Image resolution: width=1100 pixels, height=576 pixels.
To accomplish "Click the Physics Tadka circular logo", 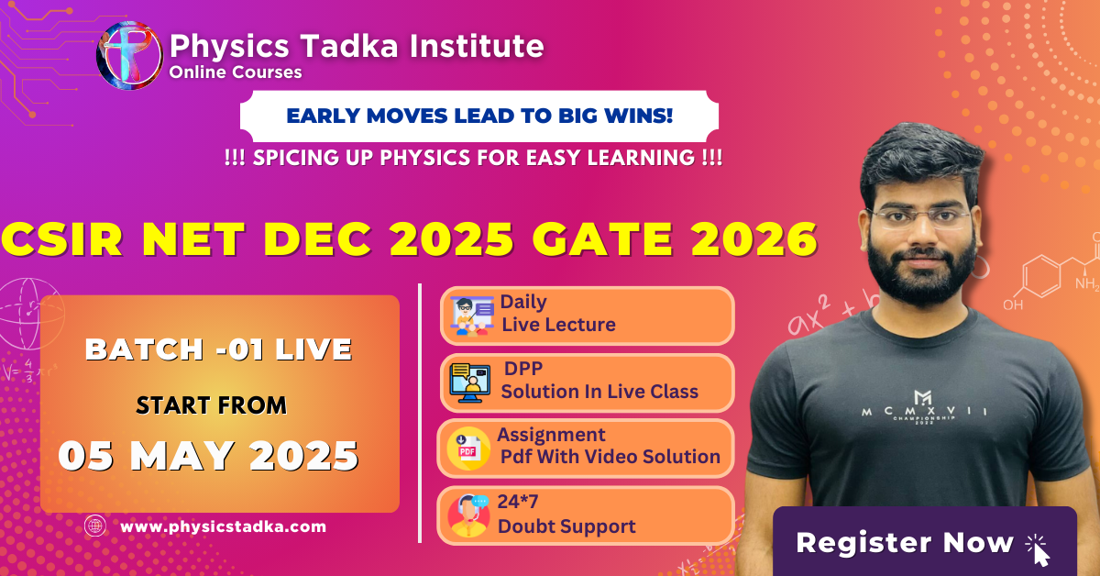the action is pos(129,55).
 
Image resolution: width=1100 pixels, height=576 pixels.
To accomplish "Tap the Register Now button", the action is pos(925,541).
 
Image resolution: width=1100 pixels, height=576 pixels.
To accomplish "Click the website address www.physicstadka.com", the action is pos(223,526).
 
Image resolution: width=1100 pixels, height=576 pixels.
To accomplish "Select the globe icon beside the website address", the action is pos(94,526).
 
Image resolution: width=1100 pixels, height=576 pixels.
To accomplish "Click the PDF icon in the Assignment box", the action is pos(467,449).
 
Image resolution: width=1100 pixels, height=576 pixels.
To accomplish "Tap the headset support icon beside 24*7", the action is pos(468,515).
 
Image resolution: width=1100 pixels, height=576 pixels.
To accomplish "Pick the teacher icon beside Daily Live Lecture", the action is pos(471,316).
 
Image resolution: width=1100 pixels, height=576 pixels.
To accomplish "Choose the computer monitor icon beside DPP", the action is pos(470,383).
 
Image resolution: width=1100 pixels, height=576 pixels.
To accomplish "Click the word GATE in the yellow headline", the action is pos(603,239).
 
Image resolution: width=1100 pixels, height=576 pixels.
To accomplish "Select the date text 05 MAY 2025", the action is pos(209,456).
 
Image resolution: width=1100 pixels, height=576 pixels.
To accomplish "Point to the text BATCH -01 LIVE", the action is pos(218,349).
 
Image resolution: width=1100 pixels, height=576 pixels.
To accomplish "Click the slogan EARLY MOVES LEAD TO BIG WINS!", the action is pos(479,116).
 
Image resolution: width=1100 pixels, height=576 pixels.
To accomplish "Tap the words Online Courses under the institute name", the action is pos(236,72).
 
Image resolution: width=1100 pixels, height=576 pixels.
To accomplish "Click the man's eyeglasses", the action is pos(918,218).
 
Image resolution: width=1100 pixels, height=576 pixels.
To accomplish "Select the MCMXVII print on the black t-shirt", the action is pos(924,409).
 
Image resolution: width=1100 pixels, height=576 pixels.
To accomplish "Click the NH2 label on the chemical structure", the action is pos(1087,283).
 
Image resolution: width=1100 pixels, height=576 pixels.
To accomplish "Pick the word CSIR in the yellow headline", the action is pos(62,239).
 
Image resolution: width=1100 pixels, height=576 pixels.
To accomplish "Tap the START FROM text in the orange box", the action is pos(211,405).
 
